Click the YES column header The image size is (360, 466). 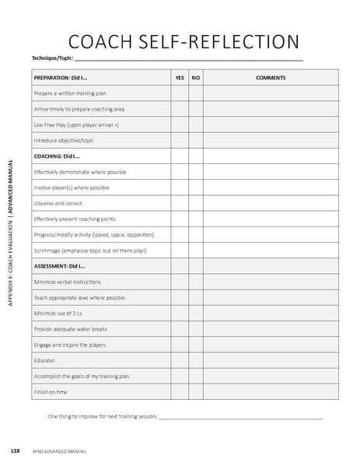(x=180, y=78)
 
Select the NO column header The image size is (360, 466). (x=196, y=78)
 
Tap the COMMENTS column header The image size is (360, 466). (x=271, y=78)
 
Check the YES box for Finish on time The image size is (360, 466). (x=180, y=392)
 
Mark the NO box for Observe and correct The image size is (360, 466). (x=196, y=203)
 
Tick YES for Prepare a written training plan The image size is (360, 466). (x=180, y=93)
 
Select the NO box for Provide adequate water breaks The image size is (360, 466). (x=196, y=329)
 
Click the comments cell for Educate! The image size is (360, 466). (x=271, y=360)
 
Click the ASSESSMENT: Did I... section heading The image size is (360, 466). (x=60, y=266)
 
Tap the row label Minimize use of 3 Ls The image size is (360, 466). (x=58, y=314)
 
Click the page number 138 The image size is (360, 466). (x=15, y=450)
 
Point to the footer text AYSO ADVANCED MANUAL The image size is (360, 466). (x=59, y=451)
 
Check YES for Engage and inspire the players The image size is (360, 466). (x=180, y=345)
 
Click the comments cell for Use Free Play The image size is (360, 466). (x=271, y=124)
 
